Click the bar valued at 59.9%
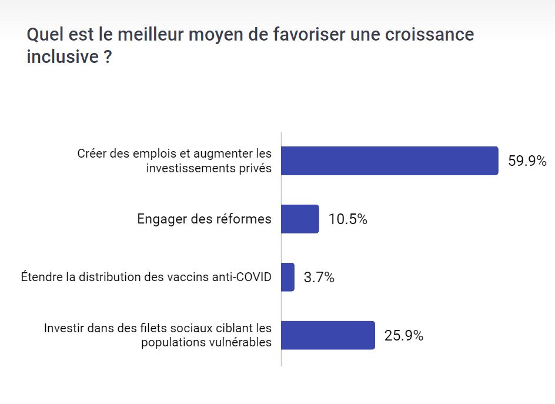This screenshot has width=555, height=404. tap(389, 161)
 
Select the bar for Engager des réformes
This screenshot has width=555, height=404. tap(300, 219)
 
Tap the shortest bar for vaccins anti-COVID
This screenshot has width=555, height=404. tap(287, 277)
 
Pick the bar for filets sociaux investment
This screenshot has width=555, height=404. tap(327, 335)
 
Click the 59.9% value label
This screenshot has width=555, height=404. tap(527, 161)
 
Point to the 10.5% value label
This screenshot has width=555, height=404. tap(348, 219)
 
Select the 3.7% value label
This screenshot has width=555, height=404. tap(319, 278)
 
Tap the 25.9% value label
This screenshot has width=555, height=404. tap(404, 336)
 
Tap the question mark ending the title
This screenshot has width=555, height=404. tap(108, 58)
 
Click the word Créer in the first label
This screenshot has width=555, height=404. tap(91, 154)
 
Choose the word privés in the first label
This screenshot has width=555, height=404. tap(257, 168)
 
